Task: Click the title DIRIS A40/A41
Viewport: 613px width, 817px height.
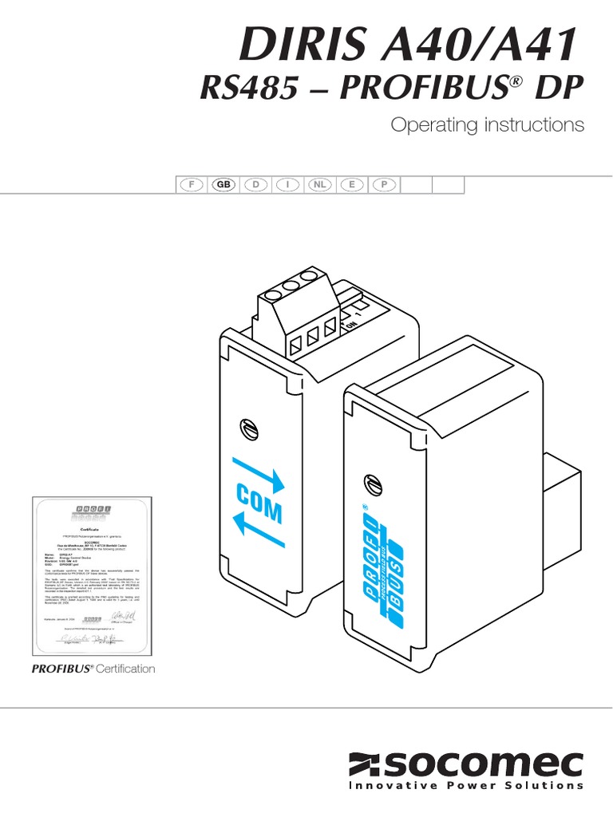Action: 408,45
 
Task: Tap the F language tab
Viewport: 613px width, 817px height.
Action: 191,184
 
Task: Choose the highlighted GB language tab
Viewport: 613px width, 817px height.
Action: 223,184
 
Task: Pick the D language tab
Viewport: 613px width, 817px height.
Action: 255,184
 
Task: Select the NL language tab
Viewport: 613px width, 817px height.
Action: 320,184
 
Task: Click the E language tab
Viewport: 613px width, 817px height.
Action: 352,184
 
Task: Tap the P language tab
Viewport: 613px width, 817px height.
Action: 384,184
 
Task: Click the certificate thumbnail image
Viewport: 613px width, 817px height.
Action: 91,574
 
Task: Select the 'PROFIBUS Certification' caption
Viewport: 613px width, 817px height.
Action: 93,669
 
